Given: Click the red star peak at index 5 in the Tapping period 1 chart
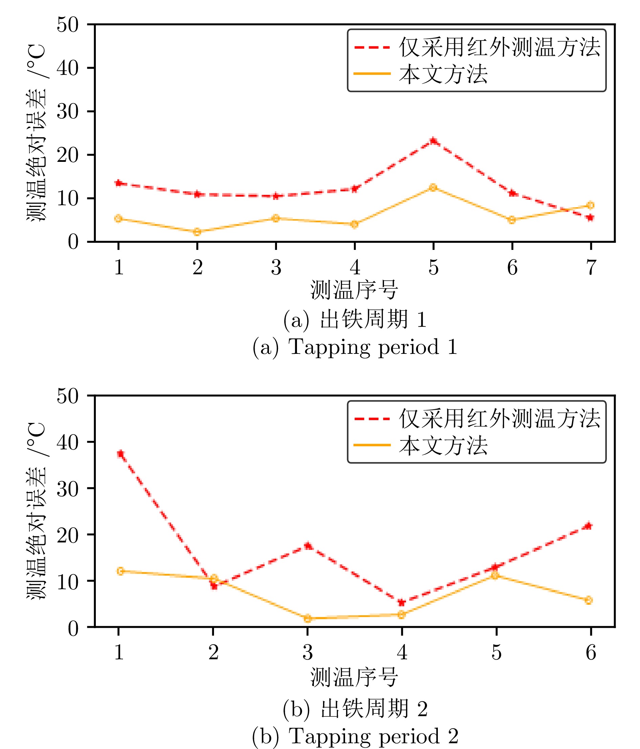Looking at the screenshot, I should tap(433, 141).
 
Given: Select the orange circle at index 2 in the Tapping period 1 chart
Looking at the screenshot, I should tap(197, 232).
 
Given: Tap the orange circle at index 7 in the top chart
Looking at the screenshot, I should tap(590, 205).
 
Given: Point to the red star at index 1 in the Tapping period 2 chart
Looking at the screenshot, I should tap(121, 454).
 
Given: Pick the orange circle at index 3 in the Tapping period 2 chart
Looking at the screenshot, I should tap(307, 619).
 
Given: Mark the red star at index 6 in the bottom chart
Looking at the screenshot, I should tap(589, 526).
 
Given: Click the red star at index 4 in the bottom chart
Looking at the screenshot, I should tap(401, 603).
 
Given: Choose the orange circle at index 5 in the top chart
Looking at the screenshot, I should tap(433, 187).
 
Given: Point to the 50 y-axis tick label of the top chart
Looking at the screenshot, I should tap(67, 25).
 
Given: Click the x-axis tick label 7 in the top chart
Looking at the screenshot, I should tap(591, 268).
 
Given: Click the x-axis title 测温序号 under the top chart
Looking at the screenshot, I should tap(354, 290).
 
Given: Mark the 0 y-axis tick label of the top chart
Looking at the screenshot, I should tap(73, 242).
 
